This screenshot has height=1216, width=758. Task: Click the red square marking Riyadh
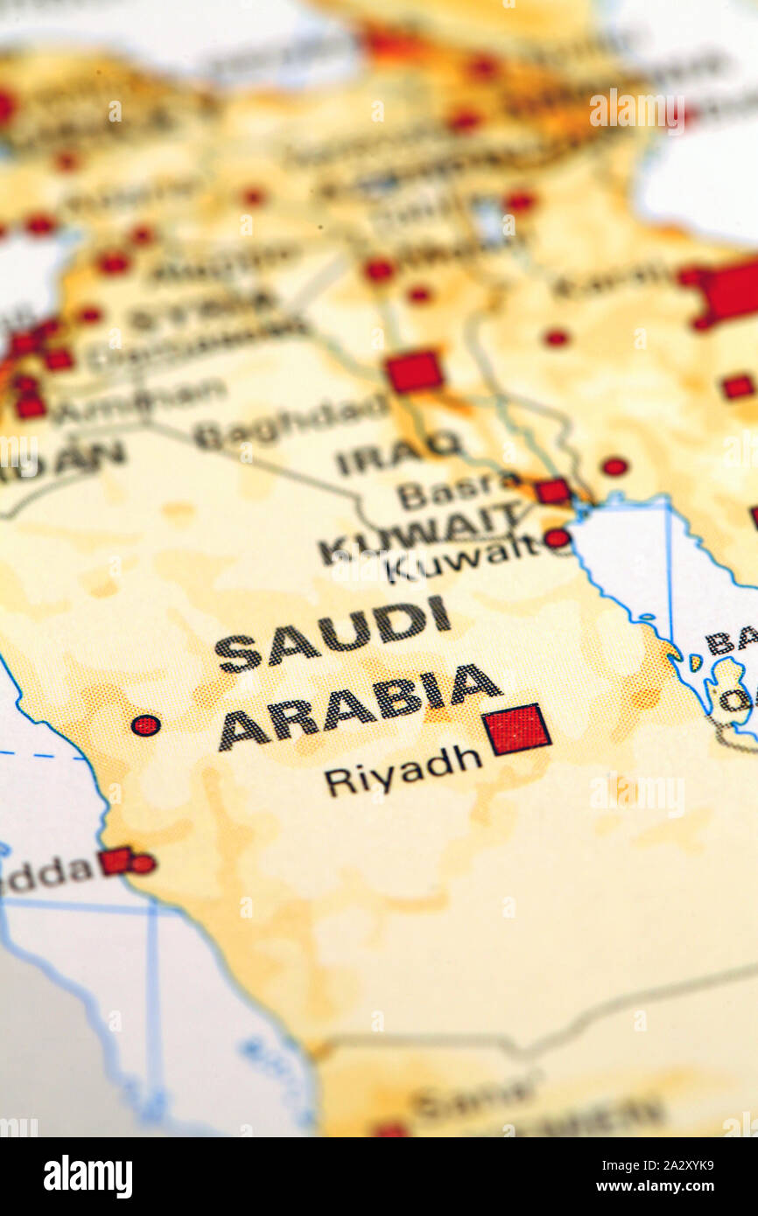pyautogui.click(x=516, y=729)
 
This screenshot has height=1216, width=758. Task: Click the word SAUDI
pyautogui.click(x=333, y=632)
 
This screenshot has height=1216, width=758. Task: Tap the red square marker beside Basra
pyautogui.click(x=553, y=491)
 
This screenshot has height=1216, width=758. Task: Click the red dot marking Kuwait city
pyautogui.click(x=557, y=538)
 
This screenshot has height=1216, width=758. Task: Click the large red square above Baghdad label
pyautogui.click(x=414, y=371)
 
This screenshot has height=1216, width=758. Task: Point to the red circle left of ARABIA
pyautogui.click(x=145, y=724)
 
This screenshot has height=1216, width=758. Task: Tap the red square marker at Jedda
pyautogui.click(x=115, y=861)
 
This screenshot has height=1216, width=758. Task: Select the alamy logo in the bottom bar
pyautogui.click(x=88, y=1177)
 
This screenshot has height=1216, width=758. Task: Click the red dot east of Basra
pyautogui.click(x=614, y=466)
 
